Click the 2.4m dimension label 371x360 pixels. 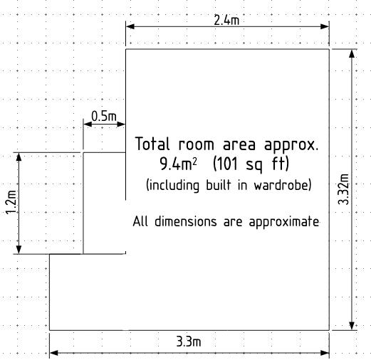(x=226, y=20)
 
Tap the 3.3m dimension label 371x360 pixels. (x=189, y=342)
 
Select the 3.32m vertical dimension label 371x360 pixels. (x=343, y=189)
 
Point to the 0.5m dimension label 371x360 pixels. (x=104, y=116)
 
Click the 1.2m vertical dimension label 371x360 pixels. (x=11, y=202)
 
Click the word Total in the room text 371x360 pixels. (x=152, y=144)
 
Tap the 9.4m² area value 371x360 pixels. (x=178, y=164)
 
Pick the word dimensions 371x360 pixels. (x=186, y=221)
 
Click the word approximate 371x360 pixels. (x=284, y=222)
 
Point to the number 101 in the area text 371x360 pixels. (x=227, y=164)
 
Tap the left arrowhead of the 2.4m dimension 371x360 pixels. (x=130, y=26)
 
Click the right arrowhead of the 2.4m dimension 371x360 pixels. (x=325, y=26)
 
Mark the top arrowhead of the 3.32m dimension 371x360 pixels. (x=352, y=53)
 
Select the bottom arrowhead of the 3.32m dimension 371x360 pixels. (x=352, y=326)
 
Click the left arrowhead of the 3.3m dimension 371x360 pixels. (x=54, y=353)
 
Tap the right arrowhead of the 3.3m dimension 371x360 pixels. (x=325, y=353)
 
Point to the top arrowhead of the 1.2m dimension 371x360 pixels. (x=19, y=157)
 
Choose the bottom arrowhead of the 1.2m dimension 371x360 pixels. (x=19, y=250)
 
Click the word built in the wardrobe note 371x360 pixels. (x=218, y=185)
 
